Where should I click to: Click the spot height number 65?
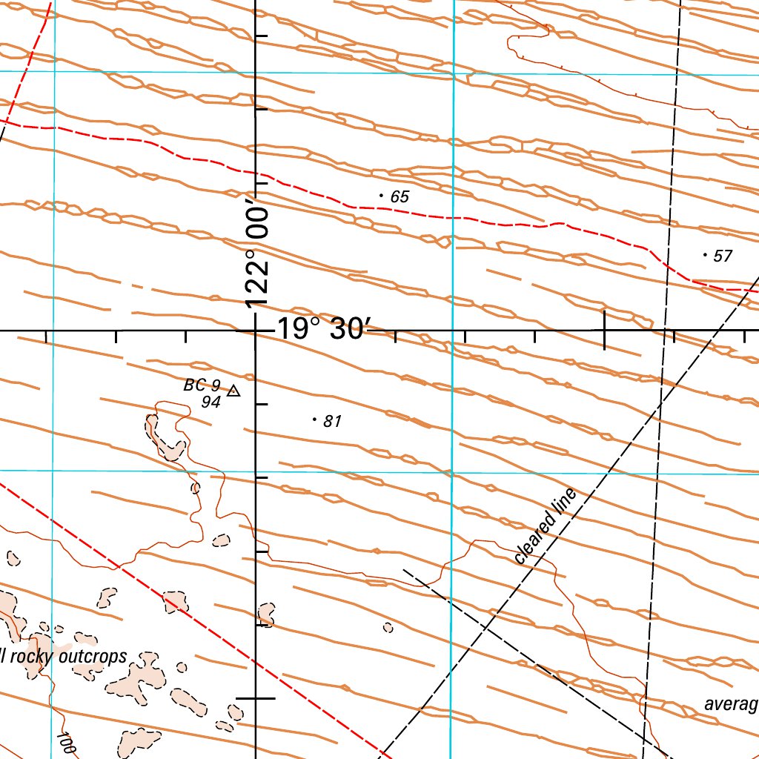point(400,197)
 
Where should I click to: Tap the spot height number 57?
point(722,256)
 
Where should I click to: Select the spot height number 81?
point(332,422)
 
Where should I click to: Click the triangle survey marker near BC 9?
point(233,391)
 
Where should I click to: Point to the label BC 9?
point(202,385)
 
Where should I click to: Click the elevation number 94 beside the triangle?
point(211,401)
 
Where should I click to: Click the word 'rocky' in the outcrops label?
point(38,659)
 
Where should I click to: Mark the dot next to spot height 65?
point(381,196)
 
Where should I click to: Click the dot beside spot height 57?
point(704,254)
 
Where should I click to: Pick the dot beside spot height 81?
point(314,420)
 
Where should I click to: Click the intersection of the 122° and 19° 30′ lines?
point(256,331)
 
